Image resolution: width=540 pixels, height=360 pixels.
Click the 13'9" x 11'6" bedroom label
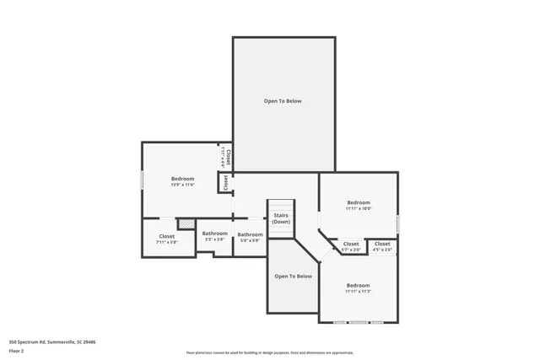pyautogui.click(x=183, y=181)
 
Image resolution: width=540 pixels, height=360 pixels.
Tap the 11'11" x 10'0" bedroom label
pyautogui.click(x=359, y=205)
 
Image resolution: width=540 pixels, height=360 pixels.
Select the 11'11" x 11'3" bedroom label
pyautogui.click(x=358, y=288)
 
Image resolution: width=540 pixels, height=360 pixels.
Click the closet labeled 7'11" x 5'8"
pyautogui.click(x=167, y=239)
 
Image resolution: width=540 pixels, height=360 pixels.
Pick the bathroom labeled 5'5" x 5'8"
pyautogui.click(x=215, y=236)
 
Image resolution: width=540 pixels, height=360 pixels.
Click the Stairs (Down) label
pyautogui.click(x=281, y=218)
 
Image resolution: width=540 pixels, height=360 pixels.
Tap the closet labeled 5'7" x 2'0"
pyautogui.click(x=351, y=246)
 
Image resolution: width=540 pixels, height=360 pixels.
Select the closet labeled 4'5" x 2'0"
pyautogui.click(x=382, y=246)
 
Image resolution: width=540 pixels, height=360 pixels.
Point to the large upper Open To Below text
pyautogui.click(x=283, y=101)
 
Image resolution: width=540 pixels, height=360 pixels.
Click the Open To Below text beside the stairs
pyautogui.click(x=293, y=276)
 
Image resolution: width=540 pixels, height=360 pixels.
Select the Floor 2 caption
pyautogui.click(x=16, y=350)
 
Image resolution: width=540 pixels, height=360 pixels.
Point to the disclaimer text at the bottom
pyautogui.click(x=270, y=352)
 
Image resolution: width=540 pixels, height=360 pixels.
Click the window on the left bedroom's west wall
pyautogui.click(x=142, y=180)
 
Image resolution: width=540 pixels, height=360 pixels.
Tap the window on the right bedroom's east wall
pyautogui.click(x=397, y=223)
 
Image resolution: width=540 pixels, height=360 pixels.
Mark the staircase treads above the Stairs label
pyautogui.click(x=281, y=206)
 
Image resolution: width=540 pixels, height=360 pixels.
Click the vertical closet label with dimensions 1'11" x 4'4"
pyautogui.click(x=227, y=158)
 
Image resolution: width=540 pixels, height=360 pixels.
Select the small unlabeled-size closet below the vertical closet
pyautogui.click(x=225, y=183)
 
